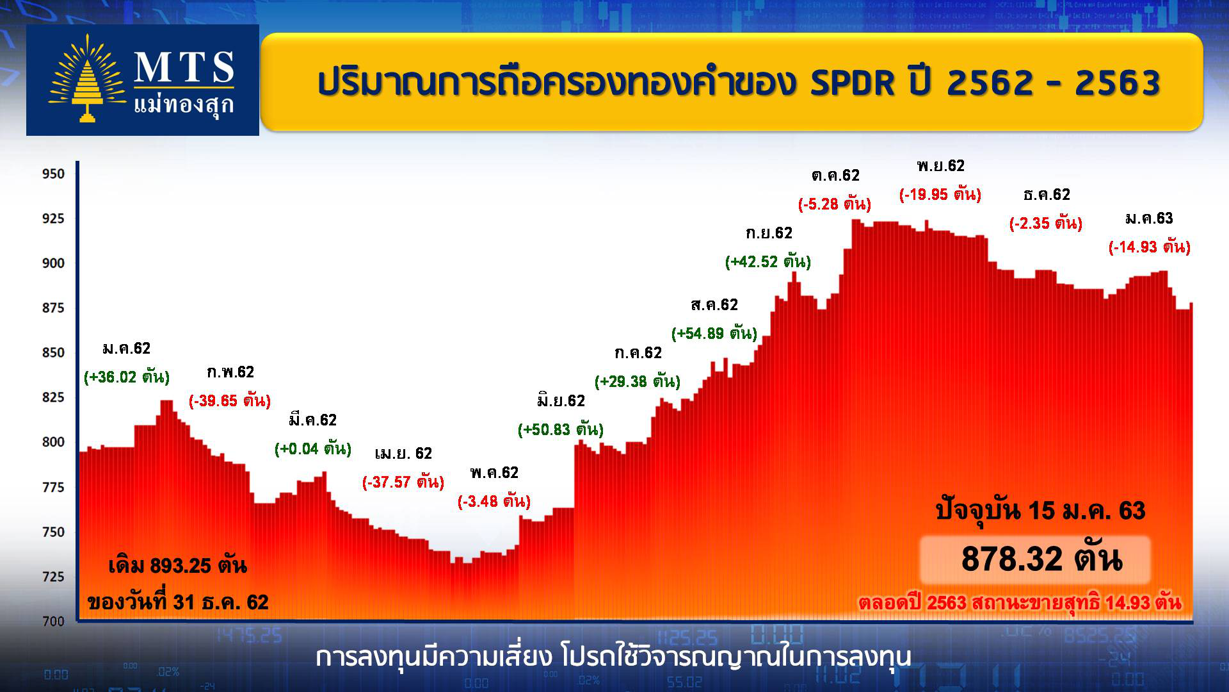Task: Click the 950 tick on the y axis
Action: (53, 174)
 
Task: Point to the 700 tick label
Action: (53, 621)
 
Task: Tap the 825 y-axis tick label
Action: (53, 397)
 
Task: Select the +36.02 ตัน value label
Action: (127, 377)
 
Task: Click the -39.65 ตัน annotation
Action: (230, 400)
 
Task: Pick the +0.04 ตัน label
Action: (313, 449)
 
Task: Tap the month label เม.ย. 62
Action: (403, 454)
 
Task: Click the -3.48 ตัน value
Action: (494, 501)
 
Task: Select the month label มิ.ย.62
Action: (561, 401)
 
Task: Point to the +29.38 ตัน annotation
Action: (638, 381)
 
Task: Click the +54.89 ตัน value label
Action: (714, 333)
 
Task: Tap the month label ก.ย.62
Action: (769, 233)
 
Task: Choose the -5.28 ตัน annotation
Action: (835, 204)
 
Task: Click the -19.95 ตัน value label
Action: (940, 194)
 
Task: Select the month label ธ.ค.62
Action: (1047, 195)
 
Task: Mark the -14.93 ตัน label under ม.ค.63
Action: (1150, 247)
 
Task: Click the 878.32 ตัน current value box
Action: (1035, 559)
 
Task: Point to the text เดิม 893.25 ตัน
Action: (177, 566)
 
